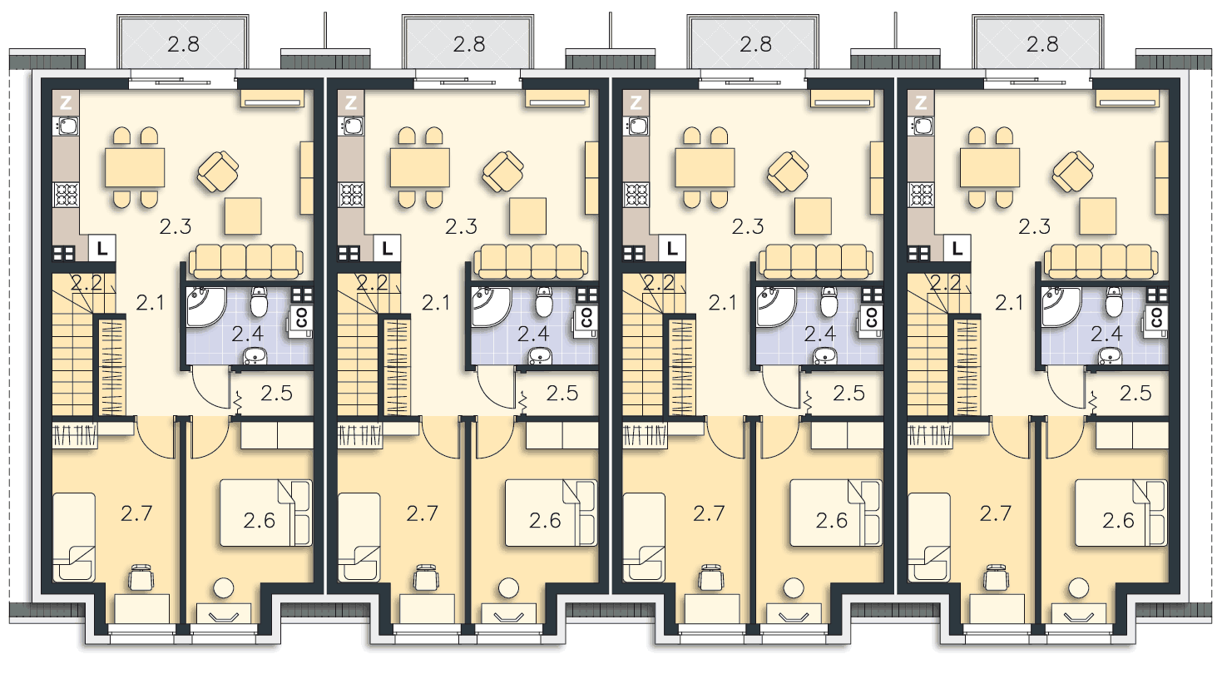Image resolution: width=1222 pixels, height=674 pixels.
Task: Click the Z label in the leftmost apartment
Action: tap(66, 102)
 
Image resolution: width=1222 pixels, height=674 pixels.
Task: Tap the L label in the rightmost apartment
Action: tap(957, 249)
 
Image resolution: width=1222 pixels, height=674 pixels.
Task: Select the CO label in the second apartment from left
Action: tap(586, 317)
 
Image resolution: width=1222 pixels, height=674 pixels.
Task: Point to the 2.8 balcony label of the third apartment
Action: tap(755, 44)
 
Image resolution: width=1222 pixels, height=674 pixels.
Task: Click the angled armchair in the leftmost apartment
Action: tap(218, 171)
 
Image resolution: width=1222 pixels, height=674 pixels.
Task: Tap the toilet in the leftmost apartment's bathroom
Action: tap(260, 302)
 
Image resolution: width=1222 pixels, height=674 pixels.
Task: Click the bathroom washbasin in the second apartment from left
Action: tap(540, 356)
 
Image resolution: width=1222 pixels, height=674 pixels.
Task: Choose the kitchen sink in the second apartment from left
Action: tap(351, 126)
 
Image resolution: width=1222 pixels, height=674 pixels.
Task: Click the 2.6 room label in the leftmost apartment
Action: tap(260, 521)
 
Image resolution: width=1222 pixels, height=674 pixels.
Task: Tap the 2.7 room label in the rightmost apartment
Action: tap(996, 513)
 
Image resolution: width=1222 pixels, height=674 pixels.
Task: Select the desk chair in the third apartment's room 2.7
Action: tap(711, 577)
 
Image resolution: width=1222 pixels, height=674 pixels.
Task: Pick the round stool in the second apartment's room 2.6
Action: tap(508, 588)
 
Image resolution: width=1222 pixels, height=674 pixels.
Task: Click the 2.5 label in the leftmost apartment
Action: tap(276, 393)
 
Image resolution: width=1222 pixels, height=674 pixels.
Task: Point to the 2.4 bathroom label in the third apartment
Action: tap(820, 334)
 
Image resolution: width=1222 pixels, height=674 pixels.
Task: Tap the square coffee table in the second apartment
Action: tap(528, 216)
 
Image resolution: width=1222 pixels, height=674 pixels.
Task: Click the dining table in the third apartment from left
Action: tap(705, 167)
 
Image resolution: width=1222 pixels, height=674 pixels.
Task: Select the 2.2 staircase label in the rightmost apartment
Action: tap(946, 283)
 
